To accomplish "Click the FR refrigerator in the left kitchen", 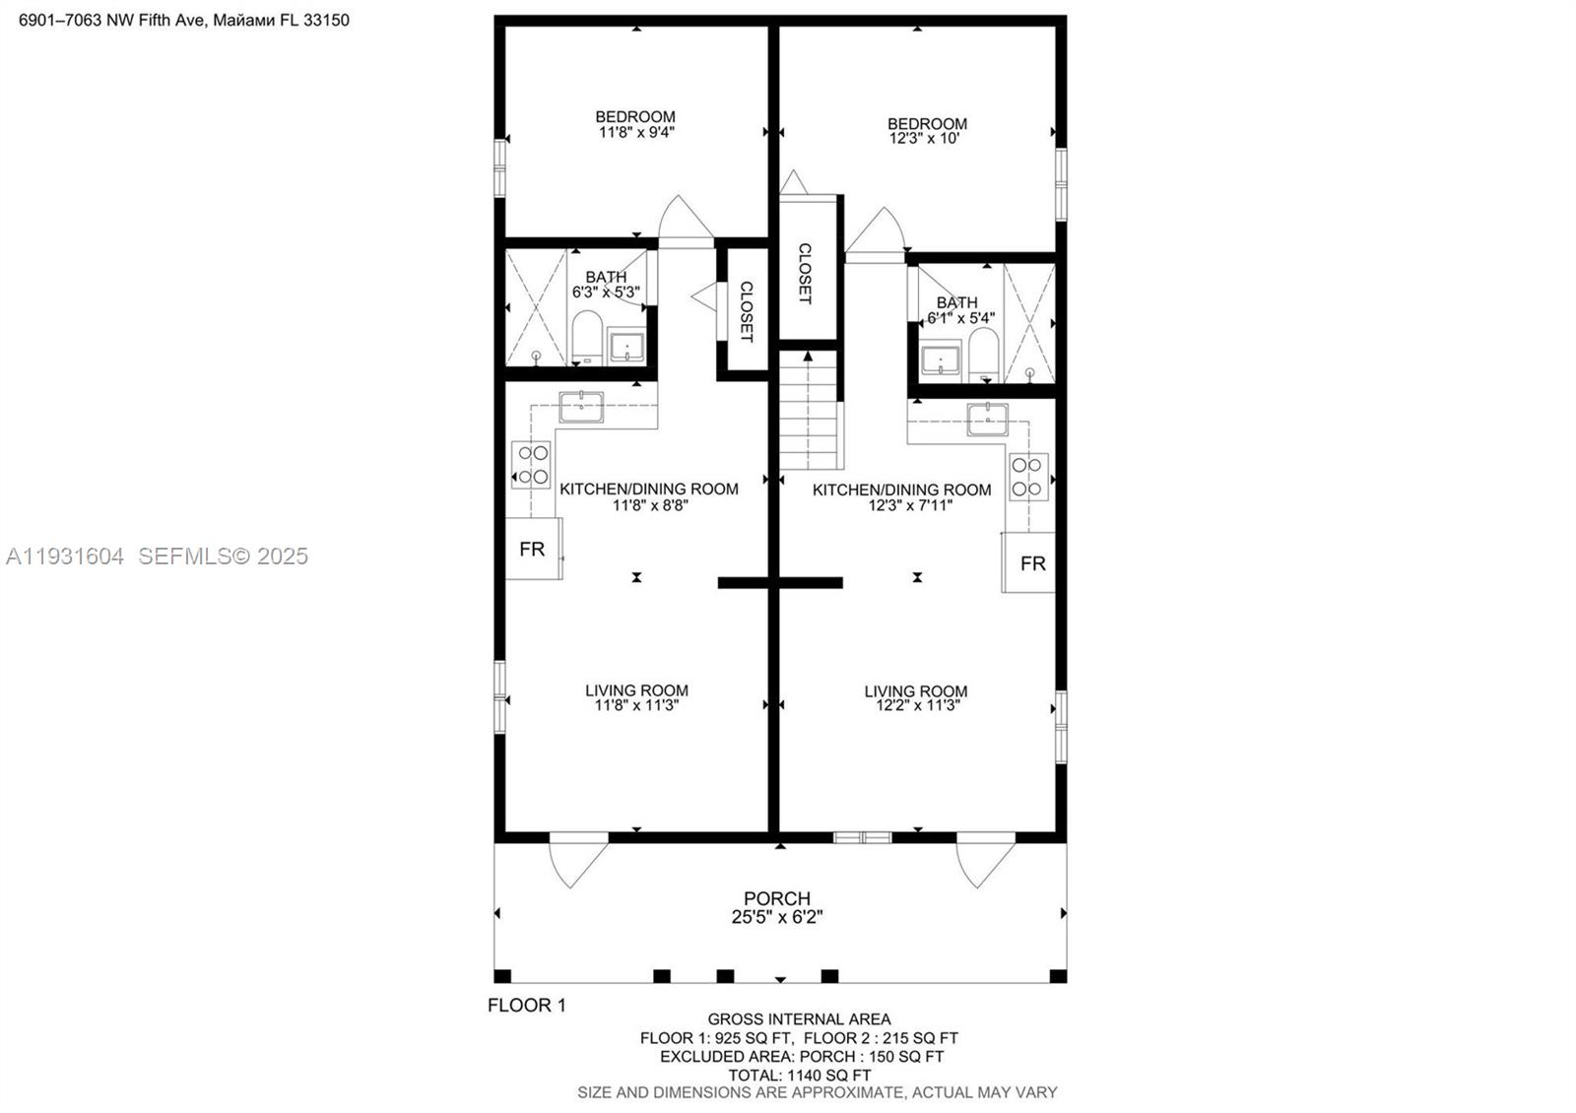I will tap(533, 549).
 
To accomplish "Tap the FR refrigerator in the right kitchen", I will tap(1030, 562).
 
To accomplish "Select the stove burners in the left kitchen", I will tap(532, 465).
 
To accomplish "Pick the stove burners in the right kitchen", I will tap(1028, 477).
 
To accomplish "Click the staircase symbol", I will tap(811, 412).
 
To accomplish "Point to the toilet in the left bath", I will tap(587, 338).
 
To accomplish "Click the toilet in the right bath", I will tap(983, 355).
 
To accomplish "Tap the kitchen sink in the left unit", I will tap(581, 406).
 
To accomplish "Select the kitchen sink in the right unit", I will tap(987, 419).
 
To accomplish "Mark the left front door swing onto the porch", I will tap(578, 858).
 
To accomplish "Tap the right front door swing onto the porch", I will tap(984, 858).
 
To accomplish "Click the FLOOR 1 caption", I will tap(527, 1005).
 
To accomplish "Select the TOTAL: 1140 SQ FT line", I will tap(799, 1075).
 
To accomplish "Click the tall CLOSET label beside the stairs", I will tap(805, 273).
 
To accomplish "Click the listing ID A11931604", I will tap(65, 556).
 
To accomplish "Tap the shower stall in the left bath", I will tap(536, 307).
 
